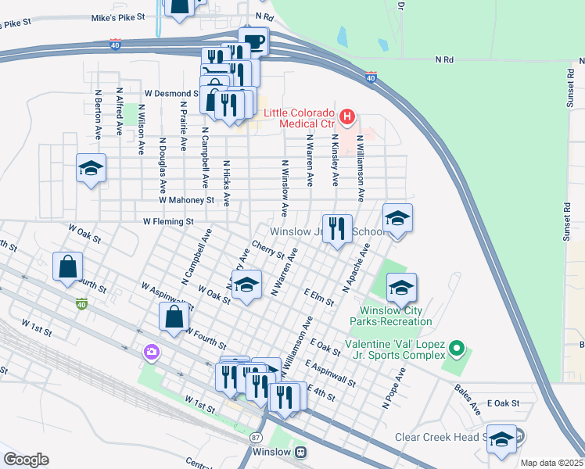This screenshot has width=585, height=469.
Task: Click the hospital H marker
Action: pos(347,119)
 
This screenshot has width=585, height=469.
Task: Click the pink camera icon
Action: pos(151,353)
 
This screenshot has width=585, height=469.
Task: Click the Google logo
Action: pos(26,459)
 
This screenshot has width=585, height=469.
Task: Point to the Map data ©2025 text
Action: pos(551,463)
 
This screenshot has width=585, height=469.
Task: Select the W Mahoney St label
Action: pos(186,200)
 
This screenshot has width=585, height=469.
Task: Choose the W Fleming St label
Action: pos(167,222)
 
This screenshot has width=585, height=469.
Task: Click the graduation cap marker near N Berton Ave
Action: pos(91,168)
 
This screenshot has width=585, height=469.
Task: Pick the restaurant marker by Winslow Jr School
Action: pos(337,229)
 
